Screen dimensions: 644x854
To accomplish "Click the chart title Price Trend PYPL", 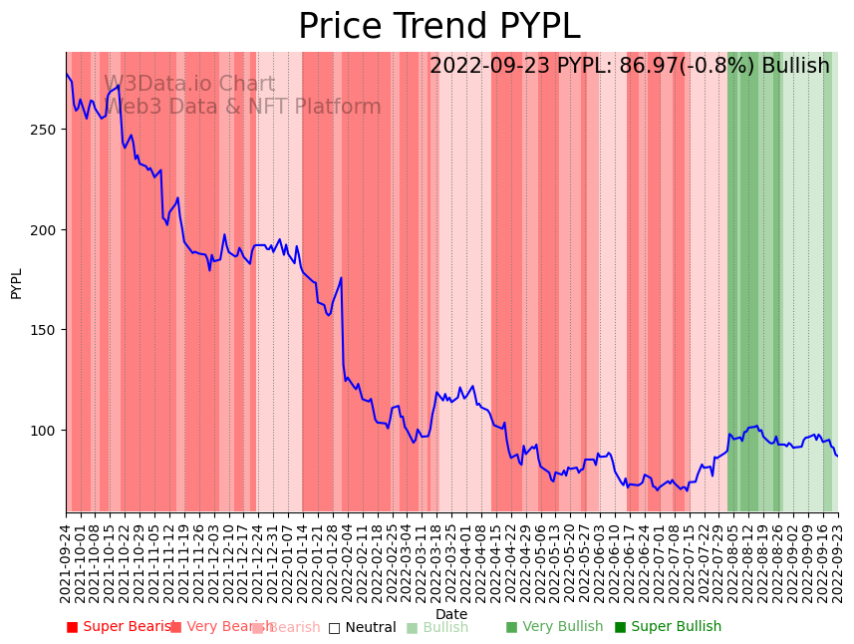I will click(438, 27).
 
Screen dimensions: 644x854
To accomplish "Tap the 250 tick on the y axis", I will click(47, 130).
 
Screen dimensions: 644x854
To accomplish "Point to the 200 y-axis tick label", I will click(47, 229).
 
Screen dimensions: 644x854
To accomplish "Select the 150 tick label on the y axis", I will click(47, 330).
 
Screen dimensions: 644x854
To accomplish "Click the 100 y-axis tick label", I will click(47, 430).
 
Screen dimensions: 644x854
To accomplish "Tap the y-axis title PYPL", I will click(16, 283).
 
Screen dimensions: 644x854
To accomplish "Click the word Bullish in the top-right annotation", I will click(795, 67).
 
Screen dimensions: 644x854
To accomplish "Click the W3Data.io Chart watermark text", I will click(189, 85).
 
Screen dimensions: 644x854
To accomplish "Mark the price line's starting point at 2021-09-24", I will click(67, 74).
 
